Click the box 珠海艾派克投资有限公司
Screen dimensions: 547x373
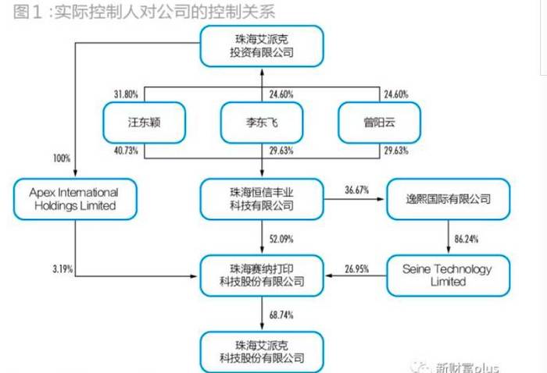tap(262, 46)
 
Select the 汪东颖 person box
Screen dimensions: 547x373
tap(144, 123)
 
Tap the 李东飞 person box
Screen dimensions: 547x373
tap(262, 123)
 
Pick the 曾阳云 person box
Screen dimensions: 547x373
tap(379, 123)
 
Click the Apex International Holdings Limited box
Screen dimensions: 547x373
tap(75, 199)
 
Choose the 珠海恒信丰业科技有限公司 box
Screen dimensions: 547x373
tap(262, 199)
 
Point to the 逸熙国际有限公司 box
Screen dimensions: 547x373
tap(449, 199)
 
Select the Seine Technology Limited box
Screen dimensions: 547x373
tap(449, 275)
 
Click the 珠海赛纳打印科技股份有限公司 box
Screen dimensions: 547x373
tap(262, 275)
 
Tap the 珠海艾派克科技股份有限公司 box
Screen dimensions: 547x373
tap(262, 352)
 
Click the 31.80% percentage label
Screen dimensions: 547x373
tap(126, 94)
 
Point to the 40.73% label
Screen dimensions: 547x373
tap(126, 151)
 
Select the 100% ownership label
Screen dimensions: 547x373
tap(62, 158)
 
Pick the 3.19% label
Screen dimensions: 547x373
tap(63, 269)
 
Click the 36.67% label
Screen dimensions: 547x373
tap(357, 190)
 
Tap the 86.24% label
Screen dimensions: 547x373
tap(467, 240)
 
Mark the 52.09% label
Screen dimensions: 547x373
tap(281, 240)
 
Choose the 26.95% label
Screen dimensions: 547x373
tap(357, 269)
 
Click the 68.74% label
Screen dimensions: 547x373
tap(281, 315)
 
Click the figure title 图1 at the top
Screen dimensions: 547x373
tap(28, 12)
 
